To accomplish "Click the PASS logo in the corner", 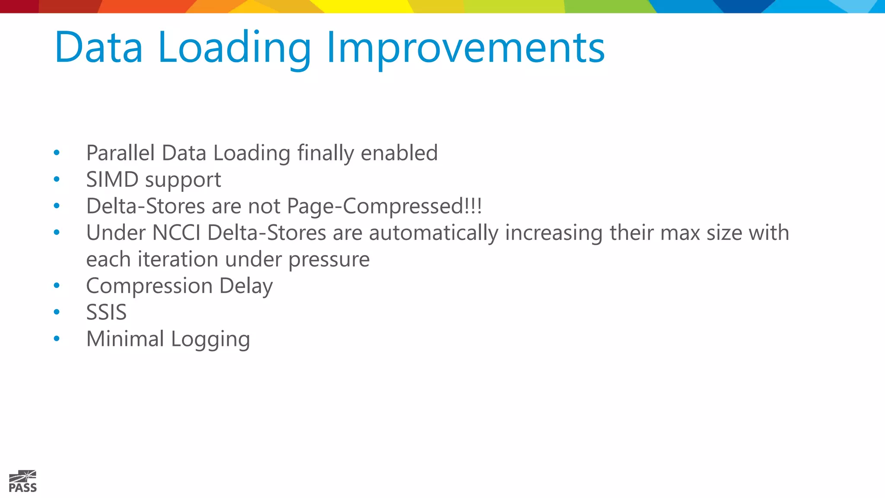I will [x=23, y=482].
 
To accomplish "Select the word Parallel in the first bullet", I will [x=121, y=153].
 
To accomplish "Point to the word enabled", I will [x=399, y=153].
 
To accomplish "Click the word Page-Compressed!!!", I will [x=384, y=206].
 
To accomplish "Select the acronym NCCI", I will [x=176, y=233].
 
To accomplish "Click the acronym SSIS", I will [x=106, y=313].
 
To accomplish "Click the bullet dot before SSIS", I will [x=57, y=312].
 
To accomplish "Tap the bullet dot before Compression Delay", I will [x=57, y=285].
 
